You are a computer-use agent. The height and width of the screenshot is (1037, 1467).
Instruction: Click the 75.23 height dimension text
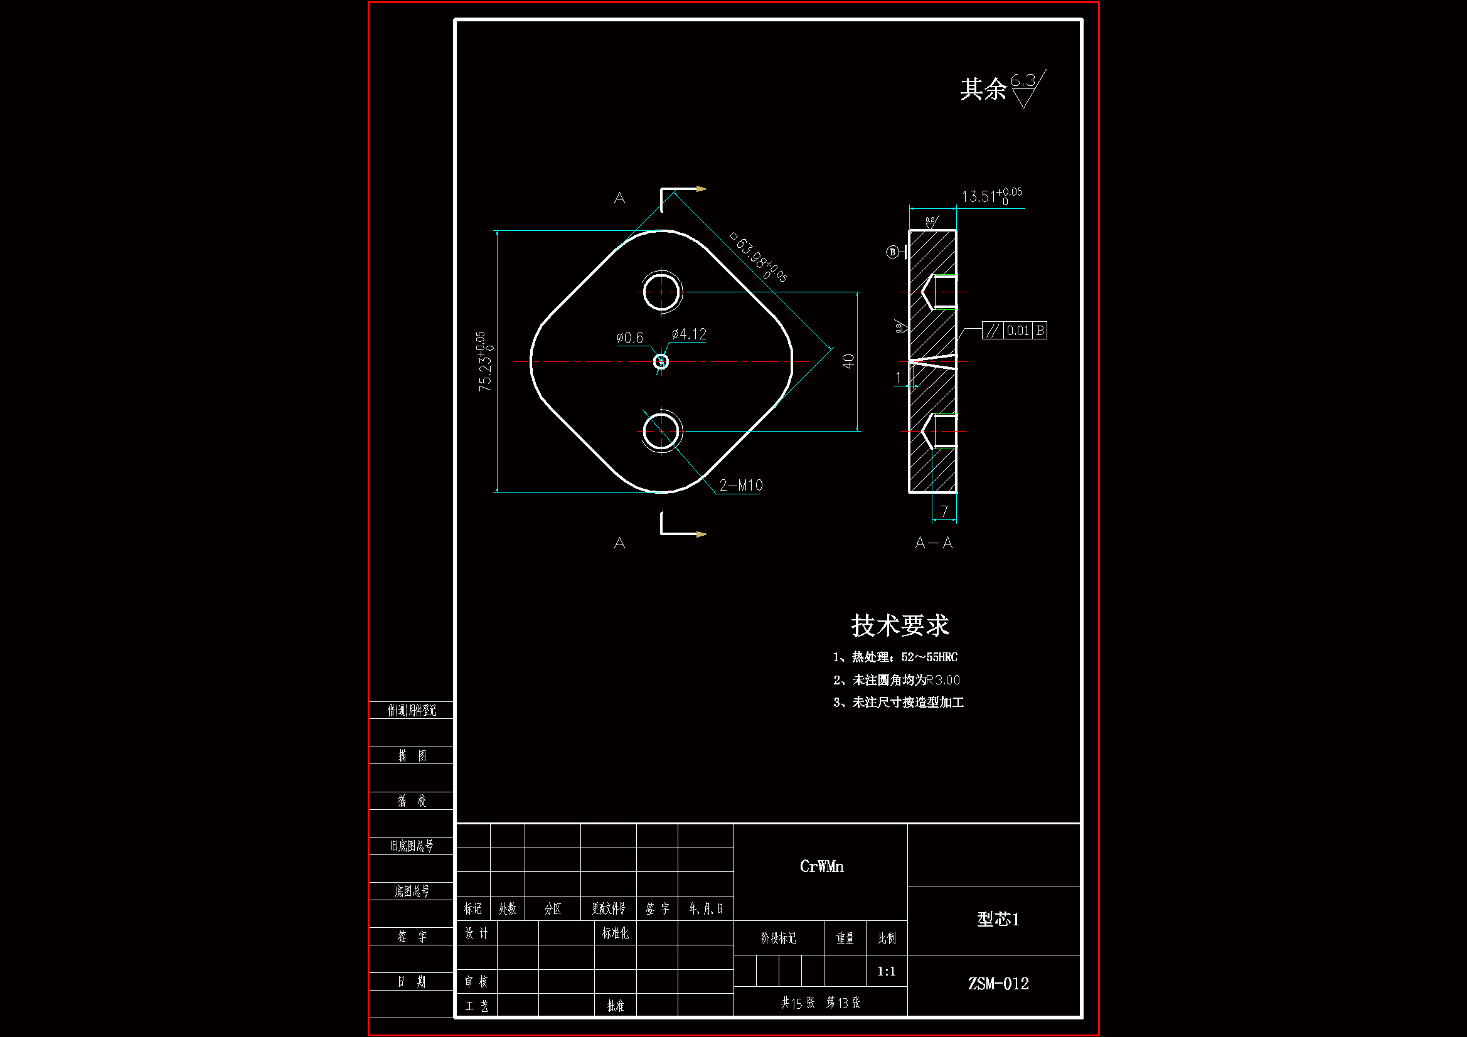(x=485, y=361)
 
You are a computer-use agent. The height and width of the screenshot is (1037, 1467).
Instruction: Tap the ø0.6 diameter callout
(x=630, y=338)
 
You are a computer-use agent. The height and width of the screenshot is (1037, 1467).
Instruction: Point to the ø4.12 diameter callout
(x=689, y=334)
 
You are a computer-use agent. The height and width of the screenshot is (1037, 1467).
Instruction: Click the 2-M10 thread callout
(x=740, y=486)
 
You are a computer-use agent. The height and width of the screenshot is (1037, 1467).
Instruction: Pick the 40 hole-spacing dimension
(x=848, y=361)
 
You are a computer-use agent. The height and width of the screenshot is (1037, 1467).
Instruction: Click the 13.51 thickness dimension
(x=991, y=196)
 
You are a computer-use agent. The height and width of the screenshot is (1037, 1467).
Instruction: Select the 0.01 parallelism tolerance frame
(x=1014, y=331)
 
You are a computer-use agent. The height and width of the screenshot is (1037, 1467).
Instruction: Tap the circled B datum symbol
(x=893, y=252)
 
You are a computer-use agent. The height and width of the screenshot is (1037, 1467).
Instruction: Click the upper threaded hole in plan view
(x=661, y=292)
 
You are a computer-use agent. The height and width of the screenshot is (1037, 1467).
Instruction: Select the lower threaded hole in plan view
(x=661, y=431)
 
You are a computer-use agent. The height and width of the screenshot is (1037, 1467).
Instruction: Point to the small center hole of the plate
(x=661, y=362)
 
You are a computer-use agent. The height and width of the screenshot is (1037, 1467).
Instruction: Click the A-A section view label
(x=934, y=543)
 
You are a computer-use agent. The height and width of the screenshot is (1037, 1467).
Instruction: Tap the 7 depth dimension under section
(x=944, y=511)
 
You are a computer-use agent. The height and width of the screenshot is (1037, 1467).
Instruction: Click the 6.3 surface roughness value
(x=1022, y=80)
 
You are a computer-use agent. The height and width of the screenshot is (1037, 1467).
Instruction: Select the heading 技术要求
(x=900, y=625)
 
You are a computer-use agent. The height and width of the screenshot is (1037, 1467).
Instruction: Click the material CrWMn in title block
(x=822, y=866)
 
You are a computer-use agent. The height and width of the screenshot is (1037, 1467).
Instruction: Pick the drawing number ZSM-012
(x=998, y=984)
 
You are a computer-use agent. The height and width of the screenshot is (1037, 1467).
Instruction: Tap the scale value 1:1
(x=886, y=971)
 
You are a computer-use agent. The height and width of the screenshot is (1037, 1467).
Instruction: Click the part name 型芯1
(x=998, y=920)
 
